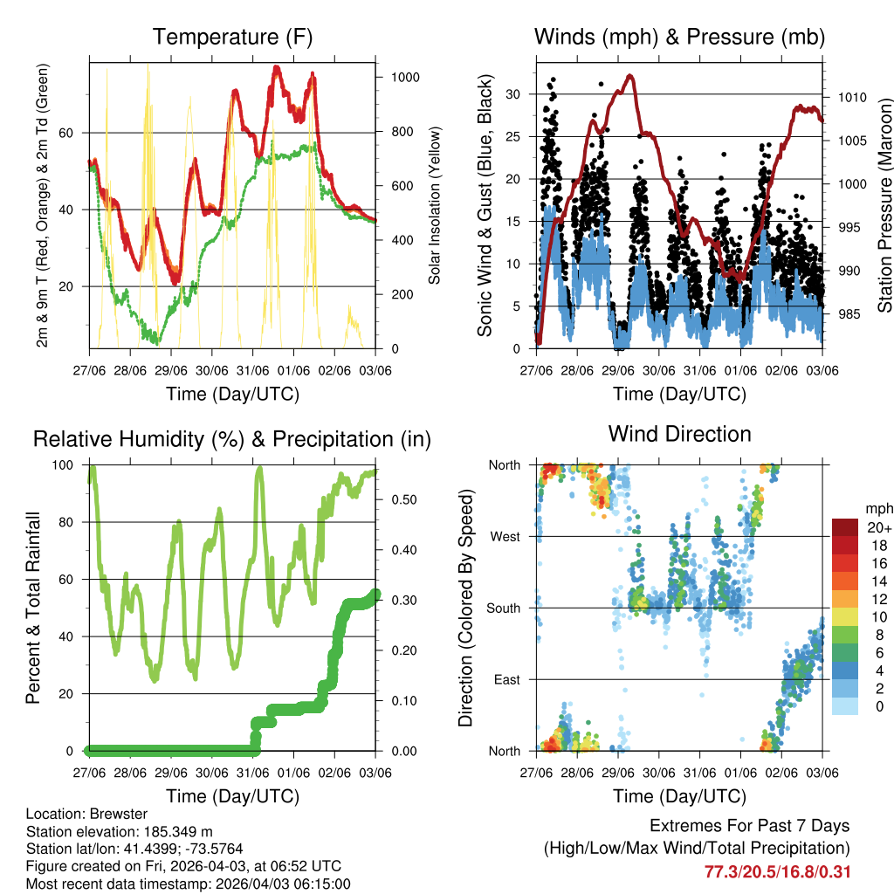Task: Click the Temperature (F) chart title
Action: (x=231, y=38)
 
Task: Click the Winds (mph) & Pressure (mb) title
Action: (x=679, y=38)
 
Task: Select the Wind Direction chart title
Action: (x=679, y=434)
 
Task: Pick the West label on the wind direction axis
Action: (x=505, y=537)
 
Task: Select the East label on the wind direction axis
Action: (x=506, y=679)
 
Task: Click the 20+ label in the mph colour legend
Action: (x=878, y=528)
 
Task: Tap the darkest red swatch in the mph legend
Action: (x=845, y=527)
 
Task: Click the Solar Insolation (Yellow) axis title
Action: (x=435, y=205)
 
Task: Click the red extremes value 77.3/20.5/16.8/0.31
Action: (x=777, y=871)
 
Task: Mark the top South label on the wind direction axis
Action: (x=505, y=608)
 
